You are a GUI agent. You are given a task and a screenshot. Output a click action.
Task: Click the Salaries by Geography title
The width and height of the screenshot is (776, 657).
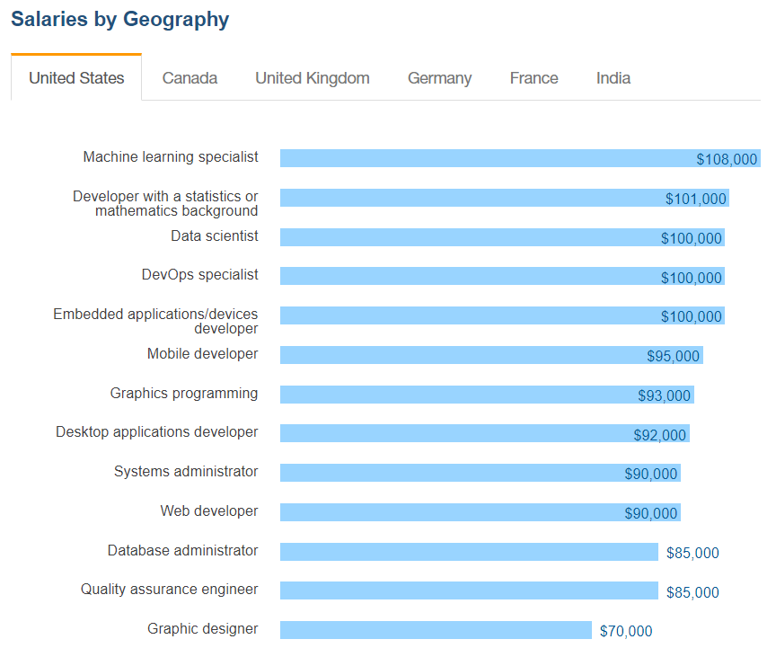(x=119, y=19)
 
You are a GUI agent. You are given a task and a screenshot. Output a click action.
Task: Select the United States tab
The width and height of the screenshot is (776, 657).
(x=76, y=78)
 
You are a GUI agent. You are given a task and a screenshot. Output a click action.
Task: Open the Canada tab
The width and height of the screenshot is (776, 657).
(x=190, y=78)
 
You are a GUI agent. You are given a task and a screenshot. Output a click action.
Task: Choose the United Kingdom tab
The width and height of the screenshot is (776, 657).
(x=312, y=78)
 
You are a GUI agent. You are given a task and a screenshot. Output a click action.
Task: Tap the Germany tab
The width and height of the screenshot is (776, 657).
(x=439, y=78)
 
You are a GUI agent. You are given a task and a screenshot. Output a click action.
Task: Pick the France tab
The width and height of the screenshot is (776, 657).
(x=533, y=78)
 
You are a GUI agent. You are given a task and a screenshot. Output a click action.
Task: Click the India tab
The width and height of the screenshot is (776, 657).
(x=613, y=78)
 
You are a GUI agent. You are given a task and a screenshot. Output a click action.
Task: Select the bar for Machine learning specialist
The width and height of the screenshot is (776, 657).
(x=485, y=158)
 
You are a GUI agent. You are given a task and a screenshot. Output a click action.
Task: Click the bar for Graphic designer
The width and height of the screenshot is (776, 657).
(x=436, y=630)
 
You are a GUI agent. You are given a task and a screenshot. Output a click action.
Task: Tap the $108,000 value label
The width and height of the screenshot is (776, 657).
(x=727, y=159)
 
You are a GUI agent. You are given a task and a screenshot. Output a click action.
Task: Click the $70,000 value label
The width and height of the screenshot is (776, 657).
(x=626, y=631)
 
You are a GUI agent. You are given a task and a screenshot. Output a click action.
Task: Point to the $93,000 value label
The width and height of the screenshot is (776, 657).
(x=664, y=395)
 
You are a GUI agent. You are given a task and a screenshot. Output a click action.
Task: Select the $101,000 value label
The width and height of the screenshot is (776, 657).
(x=695, y=199)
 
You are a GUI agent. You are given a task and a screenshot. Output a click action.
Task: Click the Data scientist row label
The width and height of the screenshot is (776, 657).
(x=214, y=236)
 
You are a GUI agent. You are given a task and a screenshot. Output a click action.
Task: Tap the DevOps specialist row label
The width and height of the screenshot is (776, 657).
(x=199, y=275)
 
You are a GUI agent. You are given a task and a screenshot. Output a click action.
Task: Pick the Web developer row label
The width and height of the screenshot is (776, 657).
(x=208, y=511)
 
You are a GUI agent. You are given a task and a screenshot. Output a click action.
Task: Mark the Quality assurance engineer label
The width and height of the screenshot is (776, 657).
(x=169, y=590)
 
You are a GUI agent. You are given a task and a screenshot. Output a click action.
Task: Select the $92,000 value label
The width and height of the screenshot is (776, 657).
(x=659, y=435)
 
